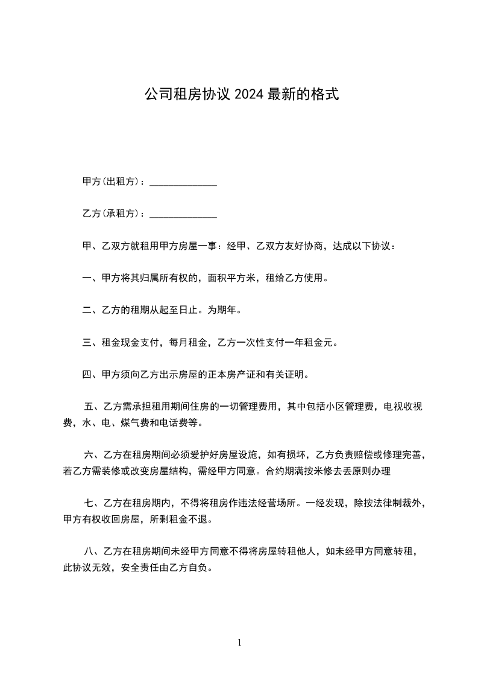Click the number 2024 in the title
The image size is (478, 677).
tap(247, 95)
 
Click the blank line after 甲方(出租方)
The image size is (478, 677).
tap(183, 183)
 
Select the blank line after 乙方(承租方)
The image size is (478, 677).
tap(183, 215)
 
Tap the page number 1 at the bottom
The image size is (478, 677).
tap(239, 643)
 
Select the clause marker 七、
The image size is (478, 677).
tap(92, 503)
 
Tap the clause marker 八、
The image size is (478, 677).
tap(92, 550)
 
